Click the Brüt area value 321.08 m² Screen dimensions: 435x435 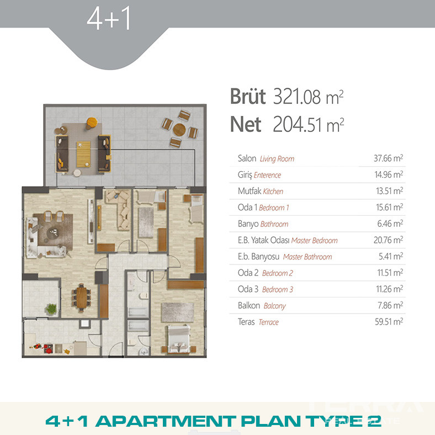(x=309, y=97)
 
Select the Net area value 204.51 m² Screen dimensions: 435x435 (x=309, y=125)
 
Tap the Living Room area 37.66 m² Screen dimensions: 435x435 (x=388, y=158)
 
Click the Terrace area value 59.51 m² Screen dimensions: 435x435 (x=389, y=321)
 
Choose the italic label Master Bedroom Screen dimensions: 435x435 (x=314, y=240)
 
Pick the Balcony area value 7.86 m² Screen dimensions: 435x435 (x=390, y=305)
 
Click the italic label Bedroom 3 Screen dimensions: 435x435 (x=278, y=289)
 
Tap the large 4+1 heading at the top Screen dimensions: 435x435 (x=108, y=18)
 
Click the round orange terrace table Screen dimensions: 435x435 (x=179, y=130)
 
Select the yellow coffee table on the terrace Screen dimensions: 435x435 (x=83, y=154)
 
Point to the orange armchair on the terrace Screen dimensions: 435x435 (x=91, y=123)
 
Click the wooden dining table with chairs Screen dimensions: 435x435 (x=81, y=298)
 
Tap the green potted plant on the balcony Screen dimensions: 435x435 (x=51, y=309)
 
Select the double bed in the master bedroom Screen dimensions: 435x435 (x=179, y=339)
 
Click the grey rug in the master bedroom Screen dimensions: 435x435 (x=178, y=312)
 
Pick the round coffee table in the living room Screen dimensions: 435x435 (x=53, y=232)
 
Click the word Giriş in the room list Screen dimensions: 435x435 (x=245, y=175)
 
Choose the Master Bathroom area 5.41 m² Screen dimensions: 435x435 (x=391, y=256)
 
